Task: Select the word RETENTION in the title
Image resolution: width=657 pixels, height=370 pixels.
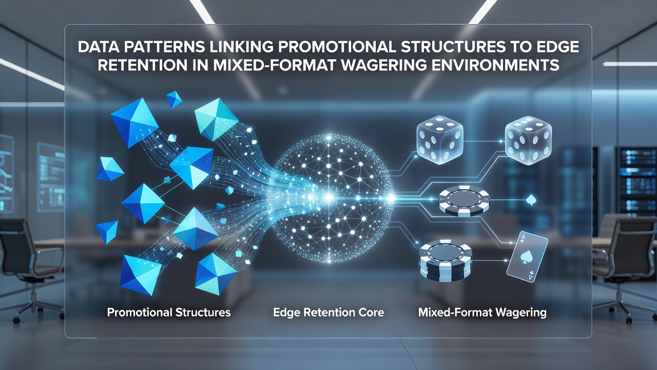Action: coord(142,65)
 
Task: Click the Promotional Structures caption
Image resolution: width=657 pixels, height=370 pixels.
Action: coord(169,312)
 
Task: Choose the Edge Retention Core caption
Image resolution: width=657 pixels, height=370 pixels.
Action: coord(328,312)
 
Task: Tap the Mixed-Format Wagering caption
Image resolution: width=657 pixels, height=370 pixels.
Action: coord(482,312)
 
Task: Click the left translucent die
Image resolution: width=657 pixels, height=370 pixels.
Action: coord(440,140)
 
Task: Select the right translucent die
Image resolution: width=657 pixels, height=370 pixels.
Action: coord(528,140)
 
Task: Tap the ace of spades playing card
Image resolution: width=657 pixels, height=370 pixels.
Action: coord(527,257)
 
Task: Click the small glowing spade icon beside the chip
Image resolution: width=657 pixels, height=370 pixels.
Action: coord(531,200)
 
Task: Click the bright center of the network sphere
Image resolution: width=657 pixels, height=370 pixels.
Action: coord(329,197)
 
